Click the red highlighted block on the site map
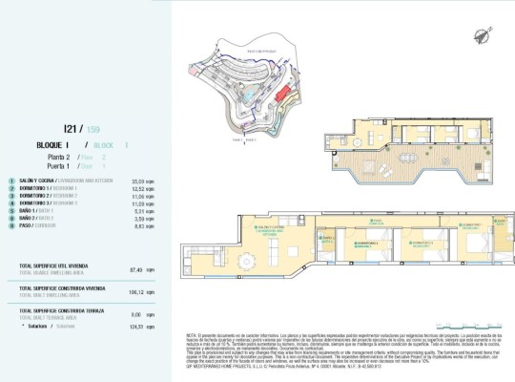click(285, 91)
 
